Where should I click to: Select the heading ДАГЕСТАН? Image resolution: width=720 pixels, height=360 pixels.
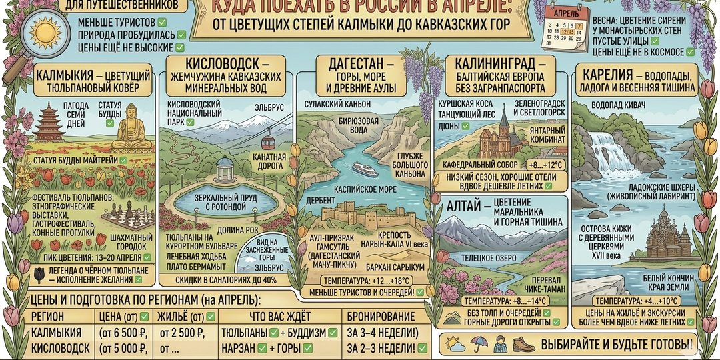[x=356, y=64]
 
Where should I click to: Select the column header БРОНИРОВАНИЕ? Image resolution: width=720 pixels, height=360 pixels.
[x=381, y=316]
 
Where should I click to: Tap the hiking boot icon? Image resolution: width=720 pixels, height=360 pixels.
[x=523, y=345]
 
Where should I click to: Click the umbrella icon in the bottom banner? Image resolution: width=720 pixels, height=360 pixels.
[x=478, y=345]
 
